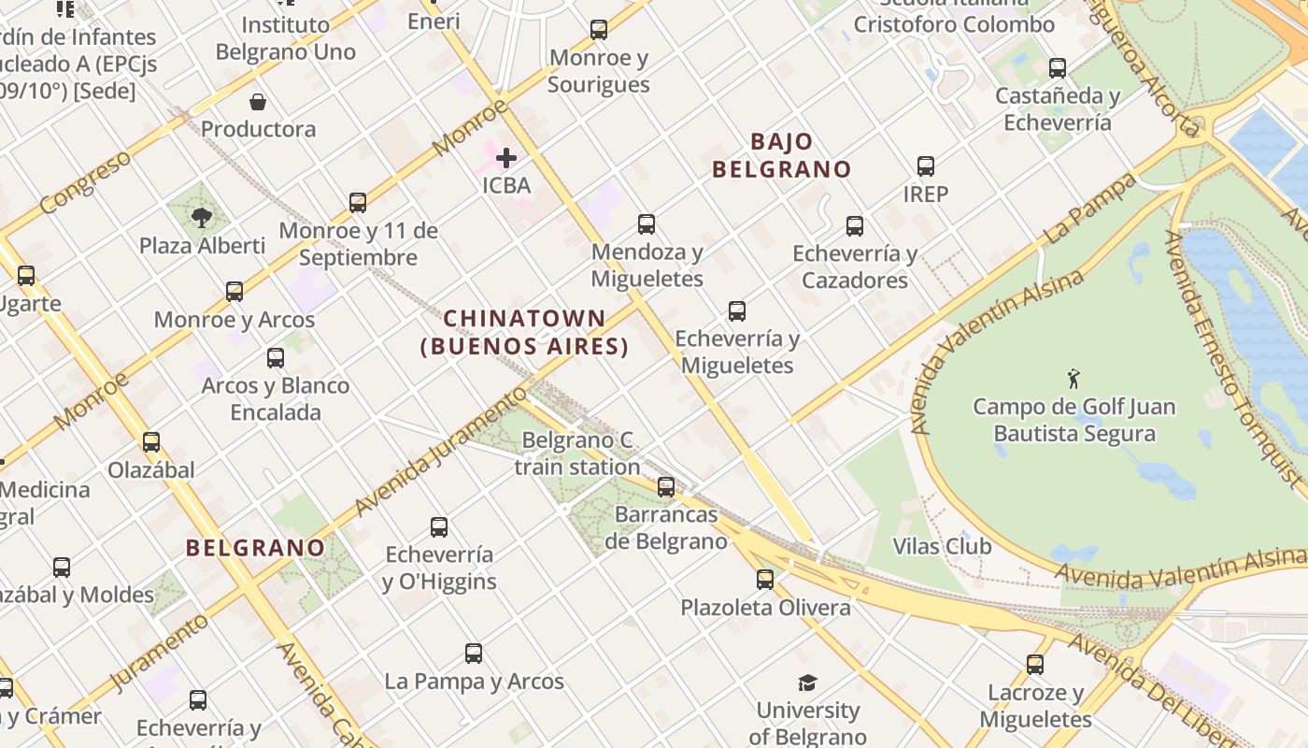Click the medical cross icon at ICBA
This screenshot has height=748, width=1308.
pos(506,158)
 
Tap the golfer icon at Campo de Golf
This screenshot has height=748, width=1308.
pos(1073,379)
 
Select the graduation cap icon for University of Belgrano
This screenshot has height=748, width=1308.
pos(807,683)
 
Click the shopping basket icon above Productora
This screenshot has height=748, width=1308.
pos(258,101)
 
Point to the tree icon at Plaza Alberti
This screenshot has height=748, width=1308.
pos(201,219)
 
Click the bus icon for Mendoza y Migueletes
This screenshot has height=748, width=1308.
pos(647,224)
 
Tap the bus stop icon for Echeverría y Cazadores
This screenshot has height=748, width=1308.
pos(855,226)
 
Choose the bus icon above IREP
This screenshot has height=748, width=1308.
pos(926,166)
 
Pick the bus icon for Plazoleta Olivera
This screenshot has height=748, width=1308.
pos(765,580)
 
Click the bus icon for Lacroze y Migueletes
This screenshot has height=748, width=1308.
pos(1035,665)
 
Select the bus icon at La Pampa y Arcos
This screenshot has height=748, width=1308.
pos(474,654)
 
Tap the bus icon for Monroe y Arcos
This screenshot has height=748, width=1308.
pos(235,292)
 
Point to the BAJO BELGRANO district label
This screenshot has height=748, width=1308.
pos(782,155)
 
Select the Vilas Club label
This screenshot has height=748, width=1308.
pos(942,546)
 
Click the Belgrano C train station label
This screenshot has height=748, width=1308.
pos(577,453)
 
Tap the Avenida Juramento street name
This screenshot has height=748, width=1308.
pos(441,451)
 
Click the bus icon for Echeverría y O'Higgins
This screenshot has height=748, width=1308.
pos(439,527)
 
